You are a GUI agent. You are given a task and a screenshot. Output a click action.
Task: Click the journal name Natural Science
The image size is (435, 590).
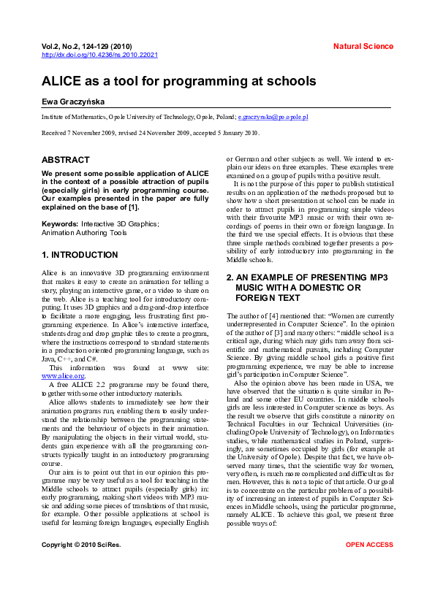[x=363, y=46]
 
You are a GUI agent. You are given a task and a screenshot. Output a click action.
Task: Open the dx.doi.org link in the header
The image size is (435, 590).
[x=99, y=55]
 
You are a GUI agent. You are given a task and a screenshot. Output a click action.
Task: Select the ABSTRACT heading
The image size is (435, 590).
[x=66, y=160]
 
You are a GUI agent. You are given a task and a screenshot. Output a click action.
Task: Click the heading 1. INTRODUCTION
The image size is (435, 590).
[x=80, y=255]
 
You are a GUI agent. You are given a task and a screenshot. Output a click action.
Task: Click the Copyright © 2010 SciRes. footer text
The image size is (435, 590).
[x=81, y=565]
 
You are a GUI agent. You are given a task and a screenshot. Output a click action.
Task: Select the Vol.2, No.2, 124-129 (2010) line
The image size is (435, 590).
[x=87, y=46]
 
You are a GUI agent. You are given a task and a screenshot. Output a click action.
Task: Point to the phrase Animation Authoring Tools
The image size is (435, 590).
[x=84, y=233]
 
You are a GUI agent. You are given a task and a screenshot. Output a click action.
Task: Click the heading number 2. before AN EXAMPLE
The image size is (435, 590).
[x=230, y=277]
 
